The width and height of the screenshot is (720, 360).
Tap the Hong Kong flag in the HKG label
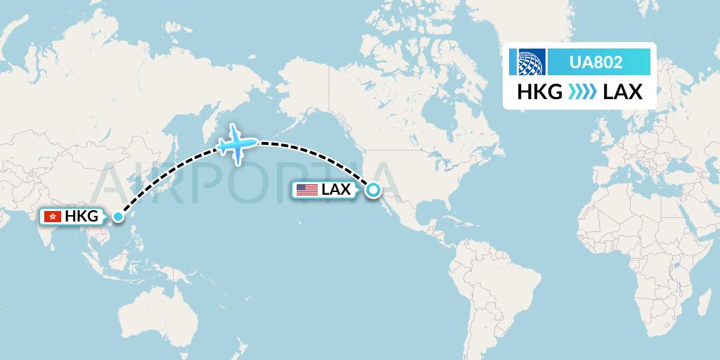point(52,217)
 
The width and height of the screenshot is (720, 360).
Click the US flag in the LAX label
point(307,189)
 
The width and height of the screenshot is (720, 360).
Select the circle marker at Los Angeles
point(373,189)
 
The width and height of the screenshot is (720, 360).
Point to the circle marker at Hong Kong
point(117,217)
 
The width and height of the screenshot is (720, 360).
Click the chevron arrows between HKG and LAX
point(582,91)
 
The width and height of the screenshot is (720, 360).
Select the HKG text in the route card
point(540,91)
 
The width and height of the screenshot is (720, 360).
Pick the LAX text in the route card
point(622,91)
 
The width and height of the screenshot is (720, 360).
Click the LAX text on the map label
point(336,189)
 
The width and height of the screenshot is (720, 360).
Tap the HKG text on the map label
point(82,217)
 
